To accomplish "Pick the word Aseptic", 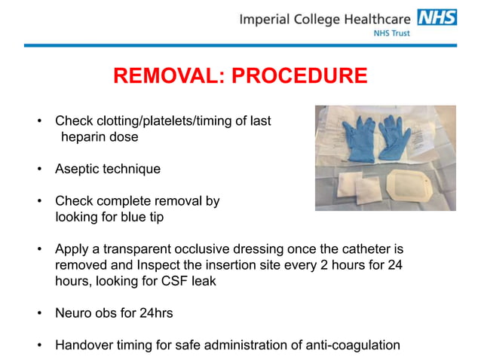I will point(76,169).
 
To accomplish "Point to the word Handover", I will point(84,346).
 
